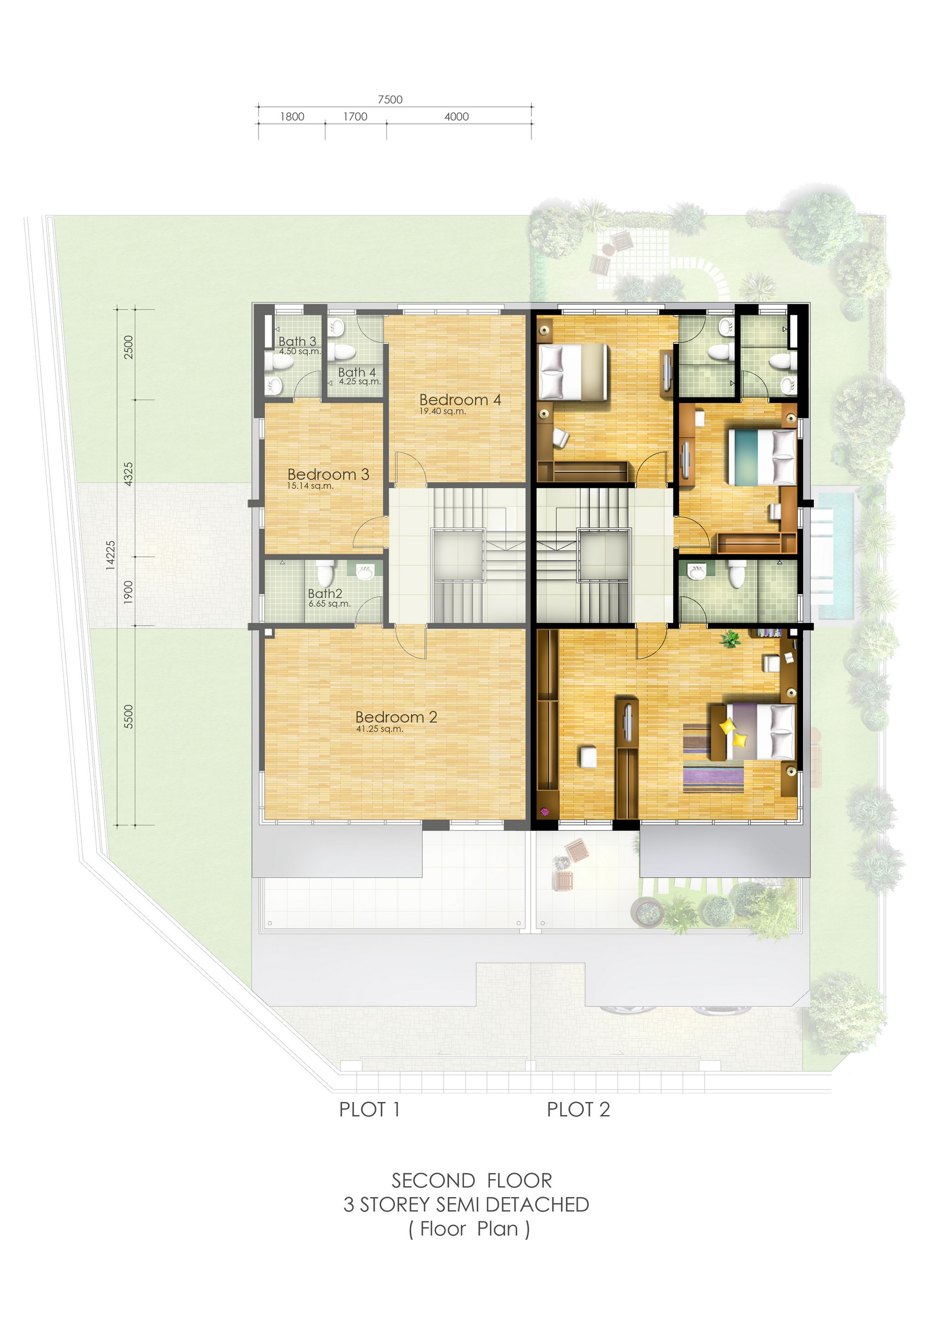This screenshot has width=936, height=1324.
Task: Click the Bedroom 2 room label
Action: [396, 717]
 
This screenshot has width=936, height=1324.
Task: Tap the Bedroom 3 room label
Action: [328, 474]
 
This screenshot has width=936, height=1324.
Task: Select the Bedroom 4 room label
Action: [460, 399]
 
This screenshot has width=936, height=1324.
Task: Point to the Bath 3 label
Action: [297, 341]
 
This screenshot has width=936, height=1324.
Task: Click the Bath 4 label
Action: [357, 372]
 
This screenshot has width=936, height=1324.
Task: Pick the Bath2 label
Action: [326, 593]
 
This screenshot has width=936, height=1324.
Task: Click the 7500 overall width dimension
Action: [390, 99]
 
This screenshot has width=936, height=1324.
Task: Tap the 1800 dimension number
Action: [292, 116]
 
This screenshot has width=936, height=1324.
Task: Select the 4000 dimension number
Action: [457, 116]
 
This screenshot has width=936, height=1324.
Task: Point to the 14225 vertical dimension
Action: [111, 555]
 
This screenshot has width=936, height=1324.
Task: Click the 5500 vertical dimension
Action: [128, 716]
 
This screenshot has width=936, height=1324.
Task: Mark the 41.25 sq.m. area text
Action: [380, 729]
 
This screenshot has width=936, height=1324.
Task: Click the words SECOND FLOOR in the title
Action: [472, 1180]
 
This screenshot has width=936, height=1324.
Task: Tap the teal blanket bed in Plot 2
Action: [762, 457]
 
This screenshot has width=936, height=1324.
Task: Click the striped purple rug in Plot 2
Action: [713, 758]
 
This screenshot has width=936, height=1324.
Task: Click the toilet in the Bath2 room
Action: [326, 572]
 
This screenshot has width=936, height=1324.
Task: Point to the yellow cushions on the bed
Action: [734, 731]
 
